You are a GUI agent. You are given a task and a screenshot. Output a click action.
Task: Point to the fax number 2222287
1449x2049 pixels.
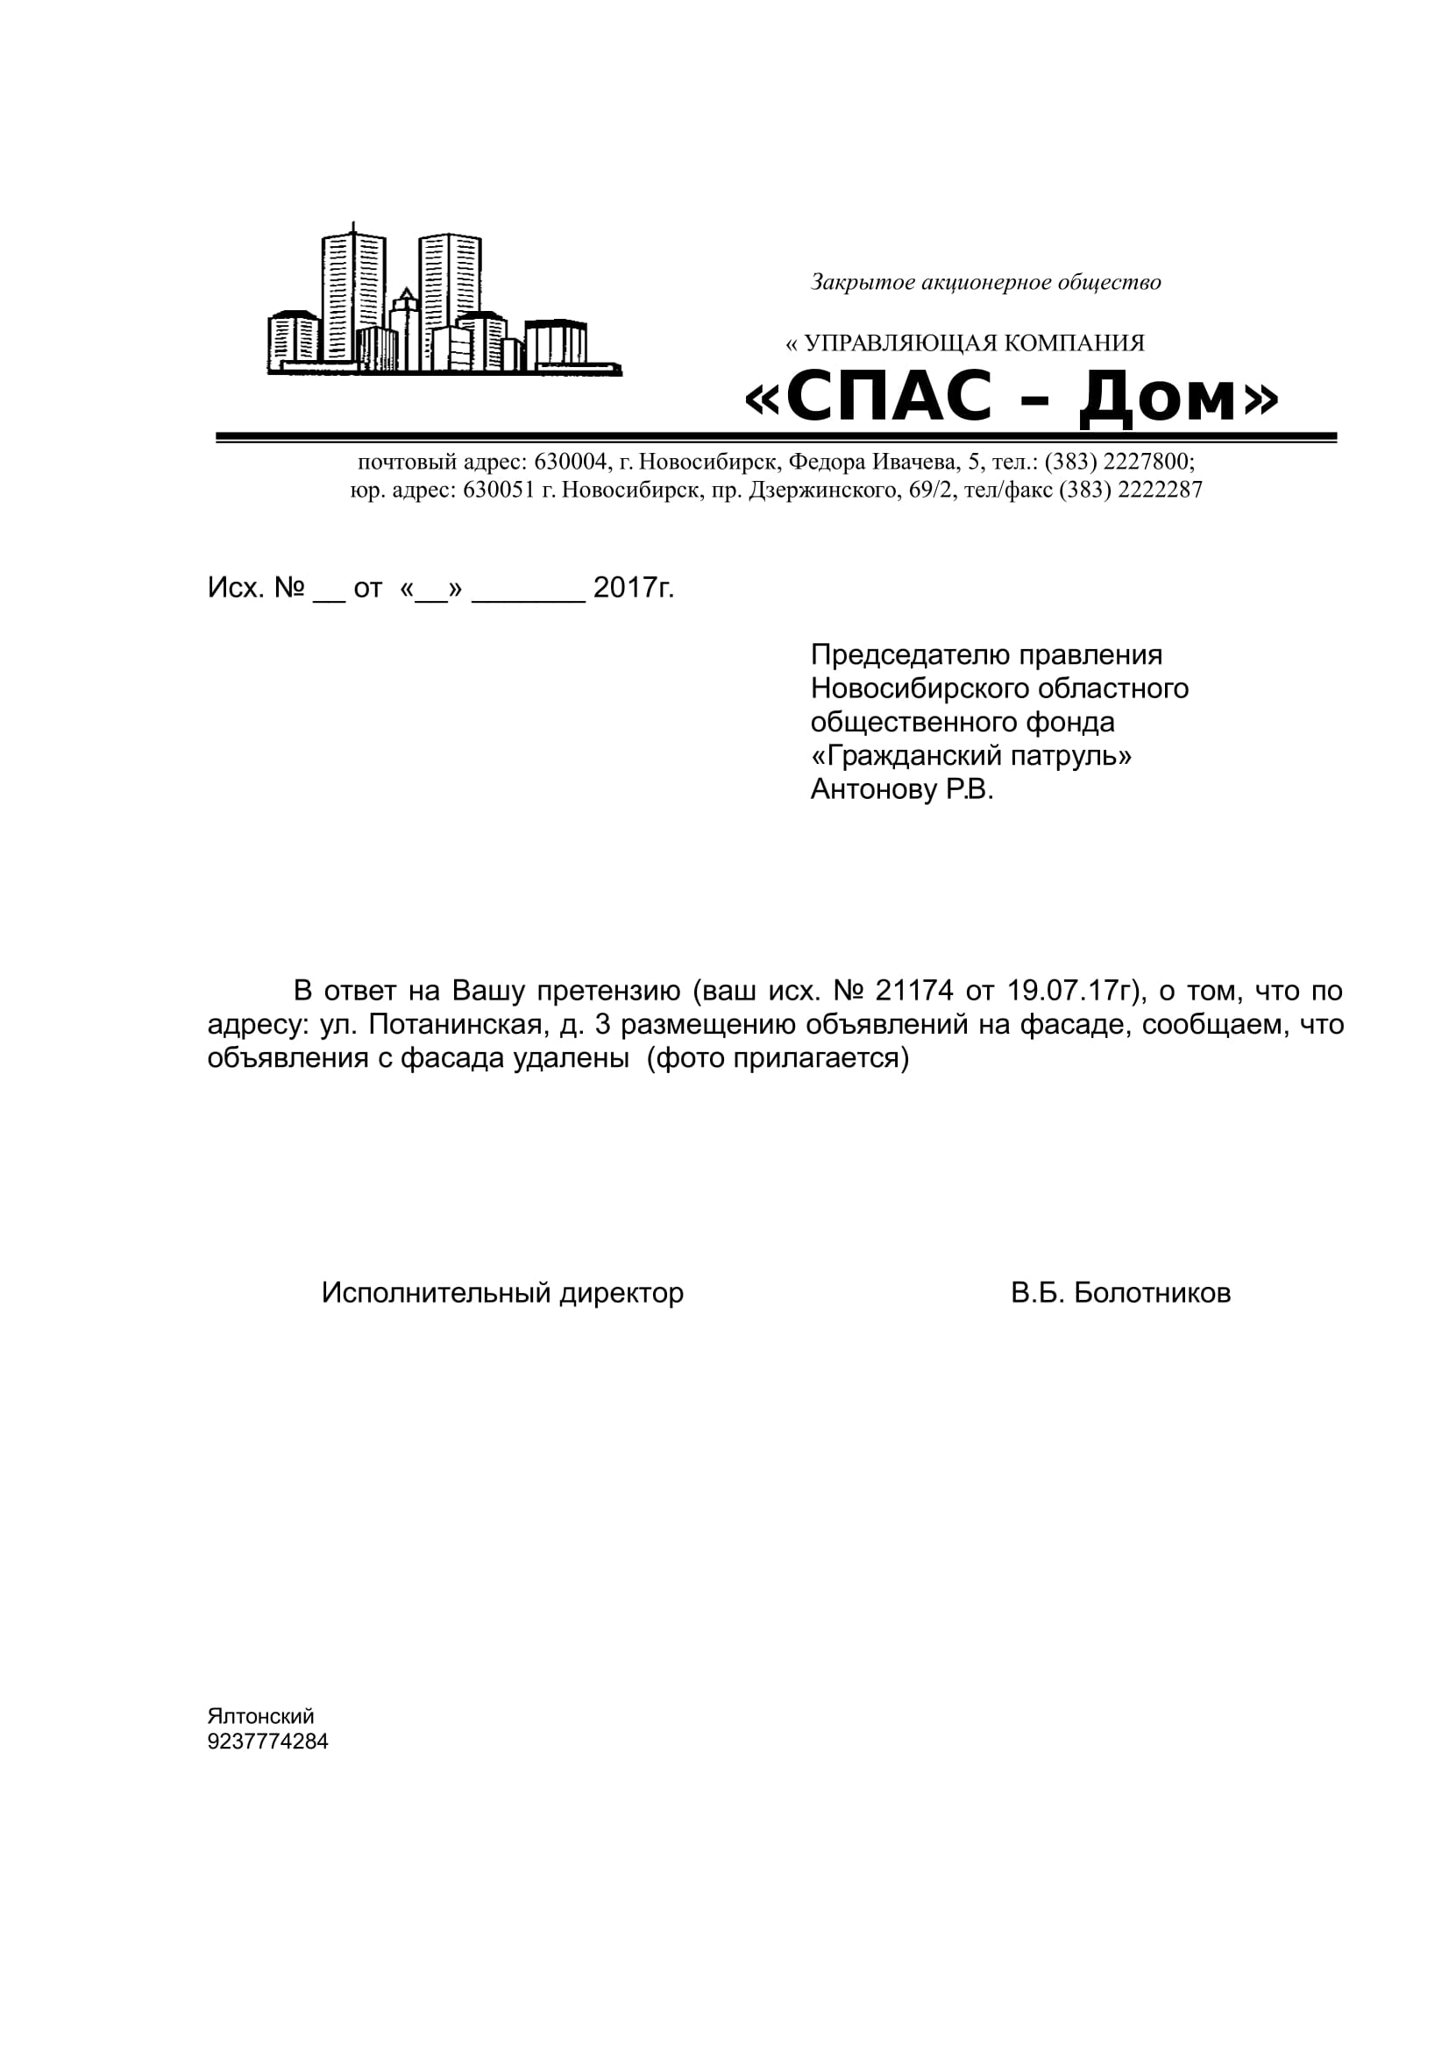coord(1160,490)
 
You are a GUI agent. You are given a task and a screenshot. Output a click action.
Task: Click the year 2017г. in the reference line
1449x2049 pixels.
coord(633,587)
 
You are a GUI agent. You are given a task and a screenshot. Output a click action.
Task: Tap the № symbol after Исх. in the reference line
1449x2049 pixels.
coord(290,587)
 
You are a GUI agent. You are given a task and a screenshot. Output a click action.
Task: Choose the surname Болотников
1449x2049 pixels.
coord(1152,1292)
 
